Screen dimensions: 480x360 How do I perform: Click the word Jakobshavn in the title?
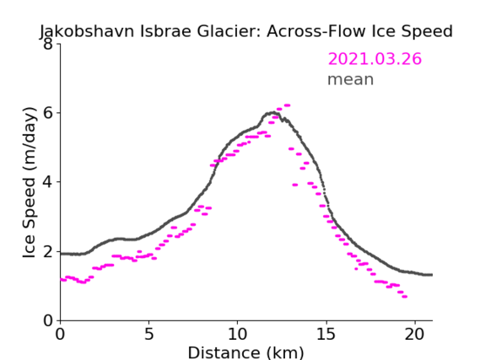tap(87, 32)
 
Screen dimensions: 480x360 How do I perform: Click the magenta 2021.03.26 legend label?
tap(375, 59)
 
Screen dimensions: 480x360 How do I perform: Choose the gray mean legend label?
tap(351, 79)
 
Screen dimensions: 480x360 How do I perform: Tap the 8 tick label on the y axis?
tap(48, 44)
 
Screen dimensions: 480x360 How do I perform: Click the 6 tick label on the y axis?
tap(48, 113)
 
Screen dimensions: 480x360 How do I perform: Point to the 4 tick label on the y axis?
tap(48, 182)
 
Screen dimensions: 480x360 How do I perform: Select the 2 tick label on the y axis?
tap(48, 252)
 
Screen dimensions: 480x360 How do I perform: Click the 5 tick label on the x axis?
tap(148, 334)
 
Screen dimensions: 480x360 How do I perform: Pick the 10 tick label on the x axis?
tap(237, 334)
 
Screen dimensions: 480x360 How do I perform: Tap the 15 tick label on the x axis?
tap(326, 334)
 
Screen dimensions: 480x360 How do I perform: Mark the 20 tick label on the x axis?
tap(415, 334)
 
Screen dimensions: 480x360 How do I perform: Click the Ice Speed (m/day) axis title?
tap(30, 183)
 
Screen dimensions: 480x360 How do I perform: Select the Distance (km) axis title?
tap(245, 352)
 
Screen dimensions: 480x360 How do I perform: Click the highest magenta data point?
tap(287, 105)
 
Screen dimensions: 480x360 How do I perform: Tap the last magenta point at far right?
tap(405, 297)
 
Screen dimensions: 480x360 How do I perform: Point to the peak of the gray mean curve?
tap(272, 113)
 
